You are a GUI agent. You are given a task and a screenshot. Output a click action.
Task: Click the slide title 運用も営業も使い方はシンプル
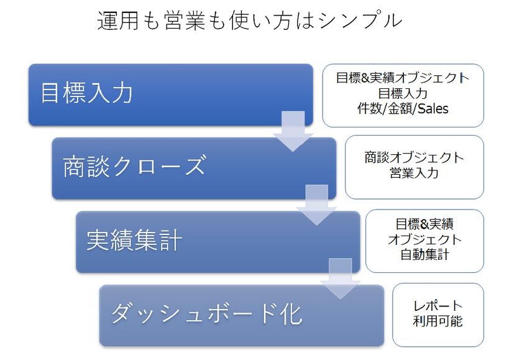tap(249, 21)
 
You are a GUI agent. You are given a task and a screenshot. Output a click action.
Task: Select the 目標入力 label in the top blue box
tap(86, 93)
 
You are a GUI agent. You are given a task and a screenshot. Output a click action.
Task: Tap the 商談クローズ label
tap(134, 166)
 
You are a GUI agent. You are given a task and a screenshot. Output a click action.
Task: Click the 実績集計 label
tap(134, 240)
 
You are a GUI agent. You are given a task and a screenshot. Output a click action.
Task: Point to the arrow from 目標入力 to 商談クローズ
tap(293, 131)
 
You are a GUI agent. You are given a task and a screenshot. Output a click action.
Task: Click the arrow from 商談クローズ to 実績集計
tap(316, 205)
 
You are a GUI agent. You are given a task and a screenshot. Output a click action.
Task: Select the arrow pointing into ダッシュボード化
tap(341, 279)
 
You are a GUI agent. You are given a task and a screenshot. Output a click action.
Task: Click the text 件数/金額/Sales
tap(403, 109)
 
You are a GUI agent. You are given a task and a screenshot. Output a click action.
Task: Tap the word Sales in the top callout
tap(433, 109)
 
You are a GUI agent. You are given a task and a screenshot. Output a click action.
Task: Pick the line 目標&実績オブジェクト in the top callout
tap(403, 78)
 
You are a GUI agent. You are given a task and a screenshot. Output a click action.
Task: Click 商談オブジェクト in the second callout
tap(414, 157)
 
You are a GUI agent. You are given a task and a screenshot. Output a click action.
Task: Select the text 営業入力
tap(414, 173)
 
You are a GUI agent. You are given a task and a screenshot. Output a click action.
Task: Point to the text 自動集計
tap(424, 255)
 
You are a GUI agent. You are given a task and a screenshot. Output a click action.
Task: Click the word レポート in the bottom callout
tap(437, 306)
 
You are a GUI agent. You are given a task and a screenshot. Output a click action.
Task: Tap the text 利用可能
tap(437, 321)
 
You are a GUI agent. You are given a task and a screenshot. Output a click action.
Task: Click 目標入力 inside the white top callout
tap(403, 93)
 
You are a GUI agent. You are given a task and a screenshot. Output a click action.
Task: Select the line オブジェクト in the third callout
tap(424, 239)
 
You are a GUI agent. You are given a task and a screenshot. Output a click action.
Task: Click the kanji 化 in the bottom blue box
tap(291, 314)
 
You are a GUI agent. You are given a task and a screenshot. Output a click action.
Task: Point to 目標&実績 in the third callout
tap(424, 224)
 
